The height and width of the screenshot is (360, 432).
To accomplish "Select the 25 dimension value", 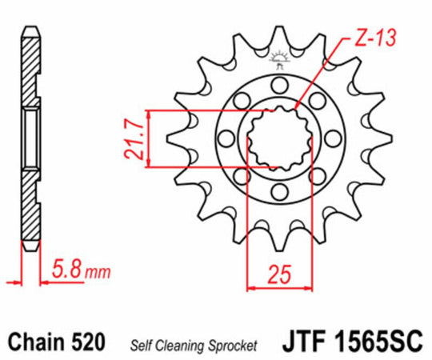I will point(278,276).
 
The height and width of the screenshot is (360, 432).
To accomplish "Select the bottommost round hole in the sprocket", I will point(279,192).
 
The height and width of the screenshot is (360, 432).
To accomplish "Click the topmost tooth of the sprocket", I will point(279,36).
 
